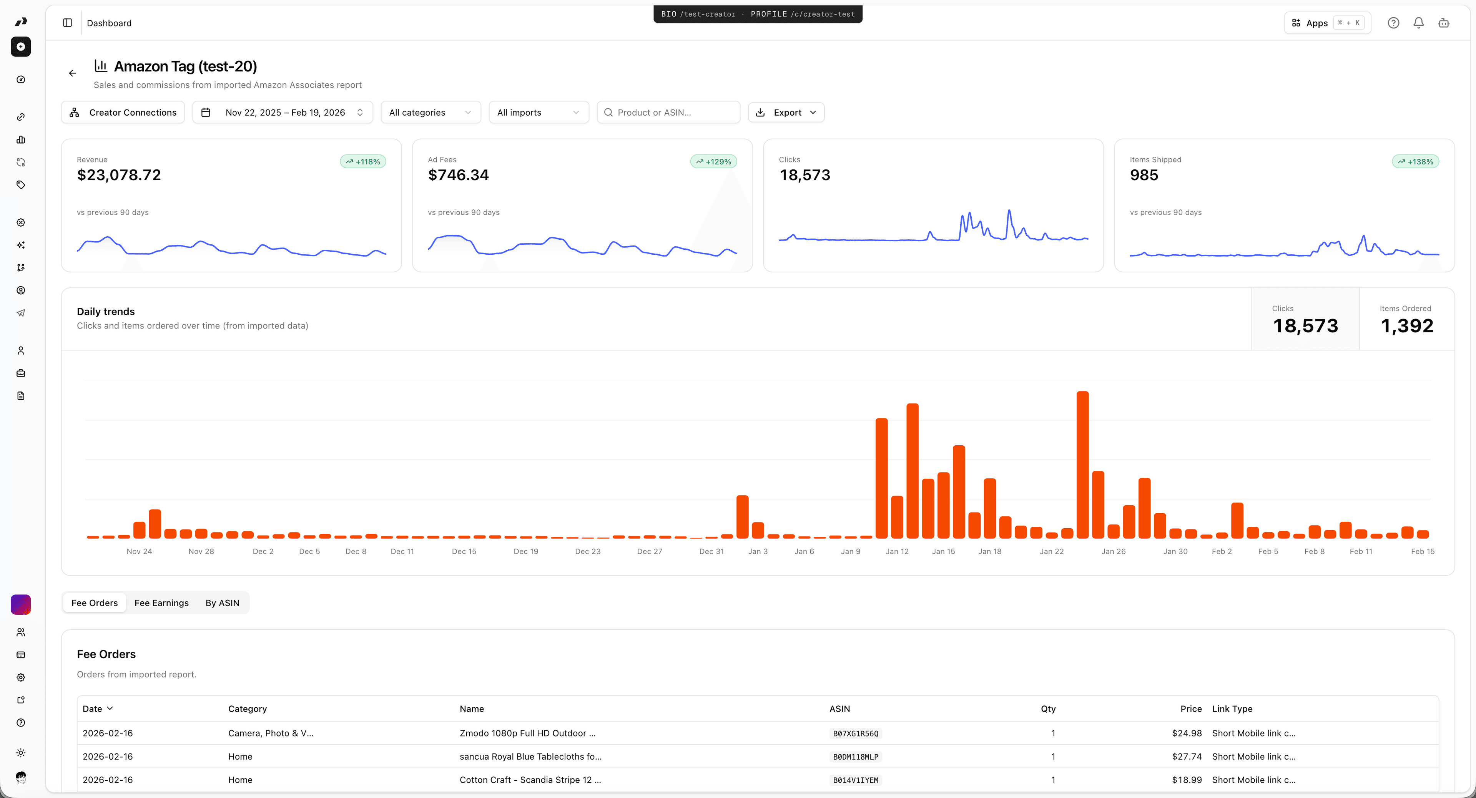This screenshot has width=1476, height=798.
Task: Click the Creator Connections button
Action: [123, 112]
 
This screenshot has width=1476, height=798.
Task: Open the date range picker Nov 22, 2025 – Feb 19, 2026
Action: [283, 112]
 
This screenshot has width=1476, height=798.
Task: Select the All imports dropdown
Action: [538, 112]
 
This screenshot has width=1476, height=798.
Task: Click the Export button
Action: [786, 112]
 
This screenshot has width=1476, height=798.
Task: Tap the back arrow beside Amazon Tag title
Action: [72, 73]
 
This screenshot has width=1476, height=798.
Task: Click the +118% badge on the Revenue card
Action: [363, 161]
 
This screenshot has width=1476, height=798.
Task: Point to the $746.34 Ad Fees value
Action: [459, 175]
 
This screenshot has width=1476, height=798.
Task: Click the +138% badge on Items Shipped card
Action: [1415, 161]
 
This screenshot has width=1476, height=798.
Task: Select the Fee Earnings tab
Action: [161, 603]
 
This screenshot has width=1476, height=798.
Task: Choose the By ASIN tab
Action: [222, 603]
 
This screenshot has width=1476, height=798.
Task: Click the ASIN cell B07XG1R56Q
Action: [856, 733]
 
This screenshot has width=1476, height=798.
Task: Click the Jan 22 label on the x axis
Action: [1051, 551]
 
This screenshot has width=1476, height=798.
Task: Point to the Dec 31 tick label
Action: [711, 551]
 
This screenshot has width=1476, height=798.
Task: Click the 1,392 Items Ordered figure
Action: [1407, 326]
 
